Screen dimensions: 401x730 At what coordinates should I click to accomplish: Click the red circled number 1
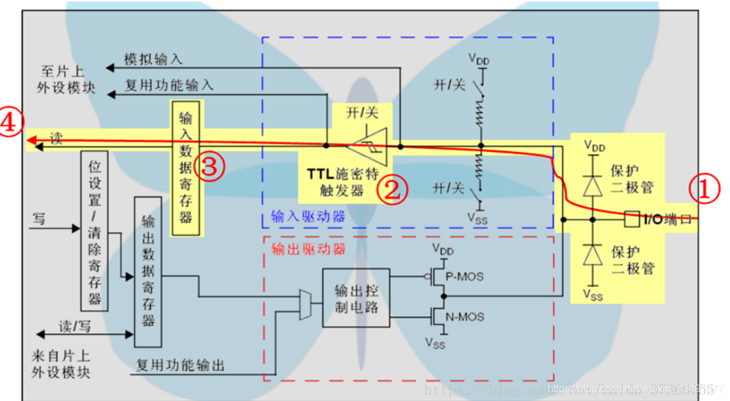click(702, 191)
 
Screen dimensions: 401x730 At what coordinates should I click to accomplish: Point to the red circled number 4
click(12, 124)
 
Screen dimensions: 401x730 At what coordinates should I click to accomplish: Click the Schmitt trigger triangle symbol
click(366, 147)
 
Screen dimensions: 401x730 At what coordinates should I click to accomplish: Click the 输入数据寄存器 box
click(186, 167)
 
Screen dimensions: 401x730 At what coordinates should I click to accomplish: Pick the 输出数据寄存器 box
click(148, 272)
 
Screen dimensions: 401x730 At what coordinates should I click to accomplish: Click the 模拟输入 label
click(153, 60)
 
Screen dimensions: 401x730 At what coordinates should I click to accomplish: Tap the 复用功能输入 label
click(169, 85)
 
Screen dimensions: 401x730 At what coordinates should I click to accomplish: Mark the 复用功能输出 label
click(180, 365)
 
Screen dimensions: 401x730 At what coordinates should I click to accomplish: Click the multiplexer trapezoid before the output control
click(306, 304)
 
